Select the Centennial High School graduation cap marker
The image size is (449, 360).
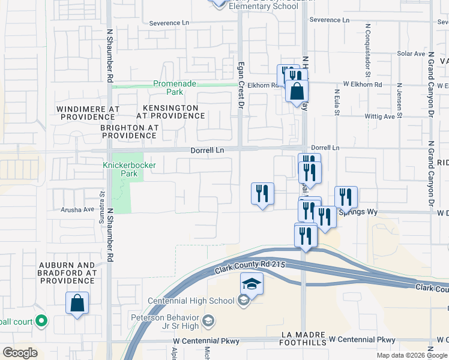[252, 284]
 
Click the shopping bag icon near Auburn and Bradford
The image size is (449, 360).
[77, 303]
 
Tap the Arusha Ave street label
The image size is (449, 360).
[77, 210]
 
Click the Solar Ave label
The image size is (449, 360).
[411, 53]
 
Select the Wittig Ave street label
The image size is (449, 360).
[379, 116]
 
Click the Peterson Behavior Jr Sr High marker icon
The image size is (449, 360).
[209, 321]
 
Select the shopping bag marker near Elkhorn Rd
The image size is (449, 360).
[297, 92]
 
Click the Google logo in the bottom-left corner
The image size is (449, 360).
[20, 353]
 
